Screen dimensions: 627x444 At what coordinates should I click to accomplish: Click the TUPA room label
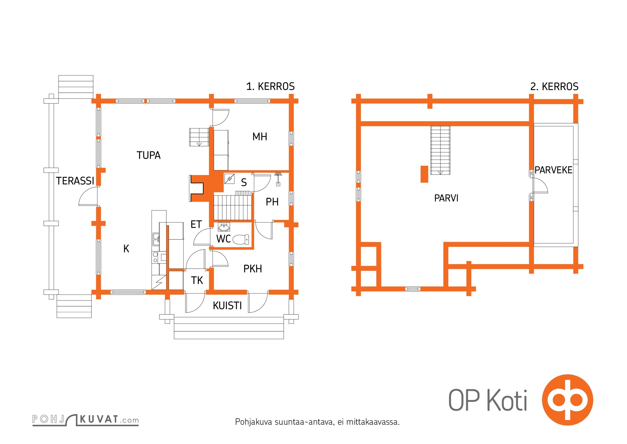pyautogui.click(x=149, y=155)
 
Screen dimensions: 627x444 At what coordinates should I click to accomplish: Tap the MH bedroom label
pyautogui.click(x=260, y=137)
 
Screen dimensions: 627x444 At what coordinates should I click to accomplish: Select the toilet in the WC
pyautogui.click(x=241, y=239)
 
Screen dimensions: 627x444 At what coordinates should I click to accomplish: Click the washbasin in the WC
pyautogui.click(x=224, y=227)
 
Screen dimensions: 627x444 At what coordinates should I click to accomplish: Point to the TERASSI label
pyautogui.click(x=75, y=181)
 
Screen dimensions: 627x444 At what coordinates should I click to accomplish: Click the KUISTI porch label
pyautogui.click(x=227, y=306)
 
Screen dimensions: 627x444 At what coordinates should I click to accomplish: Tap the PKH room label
pyautogui.click(x=253, y=269)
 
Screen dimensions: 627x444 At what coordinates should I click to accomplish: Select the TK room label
pyautogui.click(x=197, y=280)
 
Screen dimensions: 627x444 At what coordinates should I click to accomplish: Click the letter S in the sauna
pyautogui.click(x=244, y=182)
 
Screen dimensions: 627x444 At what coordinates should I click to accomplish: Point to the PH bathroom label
pyautogui.click(x=272, y=202)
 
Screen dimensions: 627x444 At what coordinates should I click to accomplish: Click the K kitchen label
pyautogui.click(x=126, y=249)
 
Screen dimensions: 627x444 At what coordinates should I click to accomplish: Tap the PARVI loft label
pyautogui.click(x=446, y=198)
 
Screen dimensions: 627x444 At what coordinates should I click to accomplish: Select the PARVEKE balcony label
pyautogui.click(x=554, y=170)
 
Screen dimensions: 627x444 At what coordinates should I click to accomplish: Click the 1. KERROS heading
pyautogui.click(x=271, y=87)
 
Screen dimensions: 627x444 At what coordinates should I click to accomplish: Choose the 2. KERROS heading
pyautogui.click(x=554, y=87)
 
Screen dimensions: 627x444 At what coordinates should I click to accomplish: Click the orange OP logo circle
pyautogui.click(x=568, y=400)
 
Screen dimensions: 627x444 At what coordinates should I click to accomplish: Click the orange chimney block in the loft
pyautogui.click(x=424, y=174)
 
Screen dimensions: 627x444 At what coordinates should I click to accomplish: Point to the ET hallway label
pyautogui.click(x=196, y=224)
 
